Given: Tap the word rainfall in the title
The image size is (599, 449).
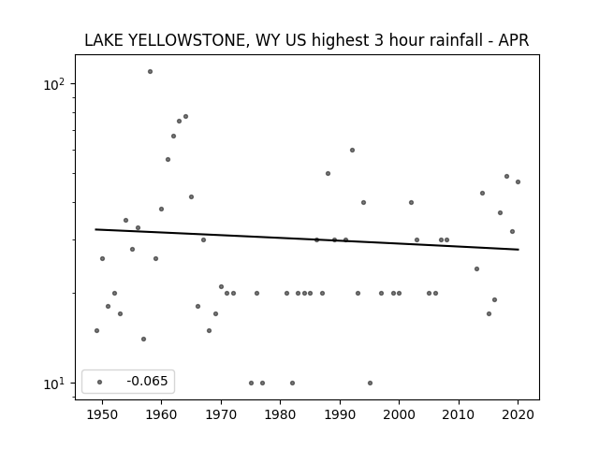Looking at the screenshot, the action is point(458,40).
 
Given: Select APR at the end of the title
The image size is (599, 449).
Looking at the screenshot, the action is point(514,40).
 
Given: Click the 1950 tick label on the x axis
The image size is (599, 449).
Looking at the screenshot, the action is point(102,414).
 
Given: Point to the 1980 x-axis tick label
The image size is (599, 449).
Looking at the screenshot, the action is point(281,414).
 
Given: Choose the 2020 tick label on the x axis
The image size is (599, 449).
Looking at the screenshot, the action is point(518,414).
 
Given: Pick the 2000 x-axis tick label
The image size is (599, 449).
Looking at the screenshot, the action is point(400,414).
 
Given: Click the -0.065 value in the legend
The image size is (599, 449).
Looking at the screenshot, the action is point(147,381).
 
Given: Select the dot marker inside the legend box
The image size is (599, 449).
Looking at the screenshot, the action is point(100,382).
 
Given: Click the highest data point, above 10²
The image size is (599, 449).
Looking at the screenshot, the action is point(150,71).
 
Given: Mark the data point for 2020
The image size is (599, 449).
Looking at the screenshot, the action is point(518,181).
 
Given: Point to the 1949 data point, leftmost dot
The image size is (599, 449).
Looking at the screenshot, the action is point(96,330).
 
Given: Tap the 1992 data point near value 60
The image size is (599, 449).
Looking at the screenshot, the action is point(352,150).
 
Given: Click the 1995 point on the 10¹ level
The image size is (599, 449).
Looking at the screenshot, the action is point(370,383).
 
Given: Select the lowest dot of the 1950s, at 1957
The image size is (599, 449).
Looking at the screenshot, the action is point(143,339).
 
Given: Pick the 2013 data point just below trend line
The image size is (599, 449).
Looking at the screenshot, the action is point(476,268).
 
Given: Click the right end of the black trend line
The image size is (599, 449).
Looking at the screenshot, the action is point(519,250).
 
